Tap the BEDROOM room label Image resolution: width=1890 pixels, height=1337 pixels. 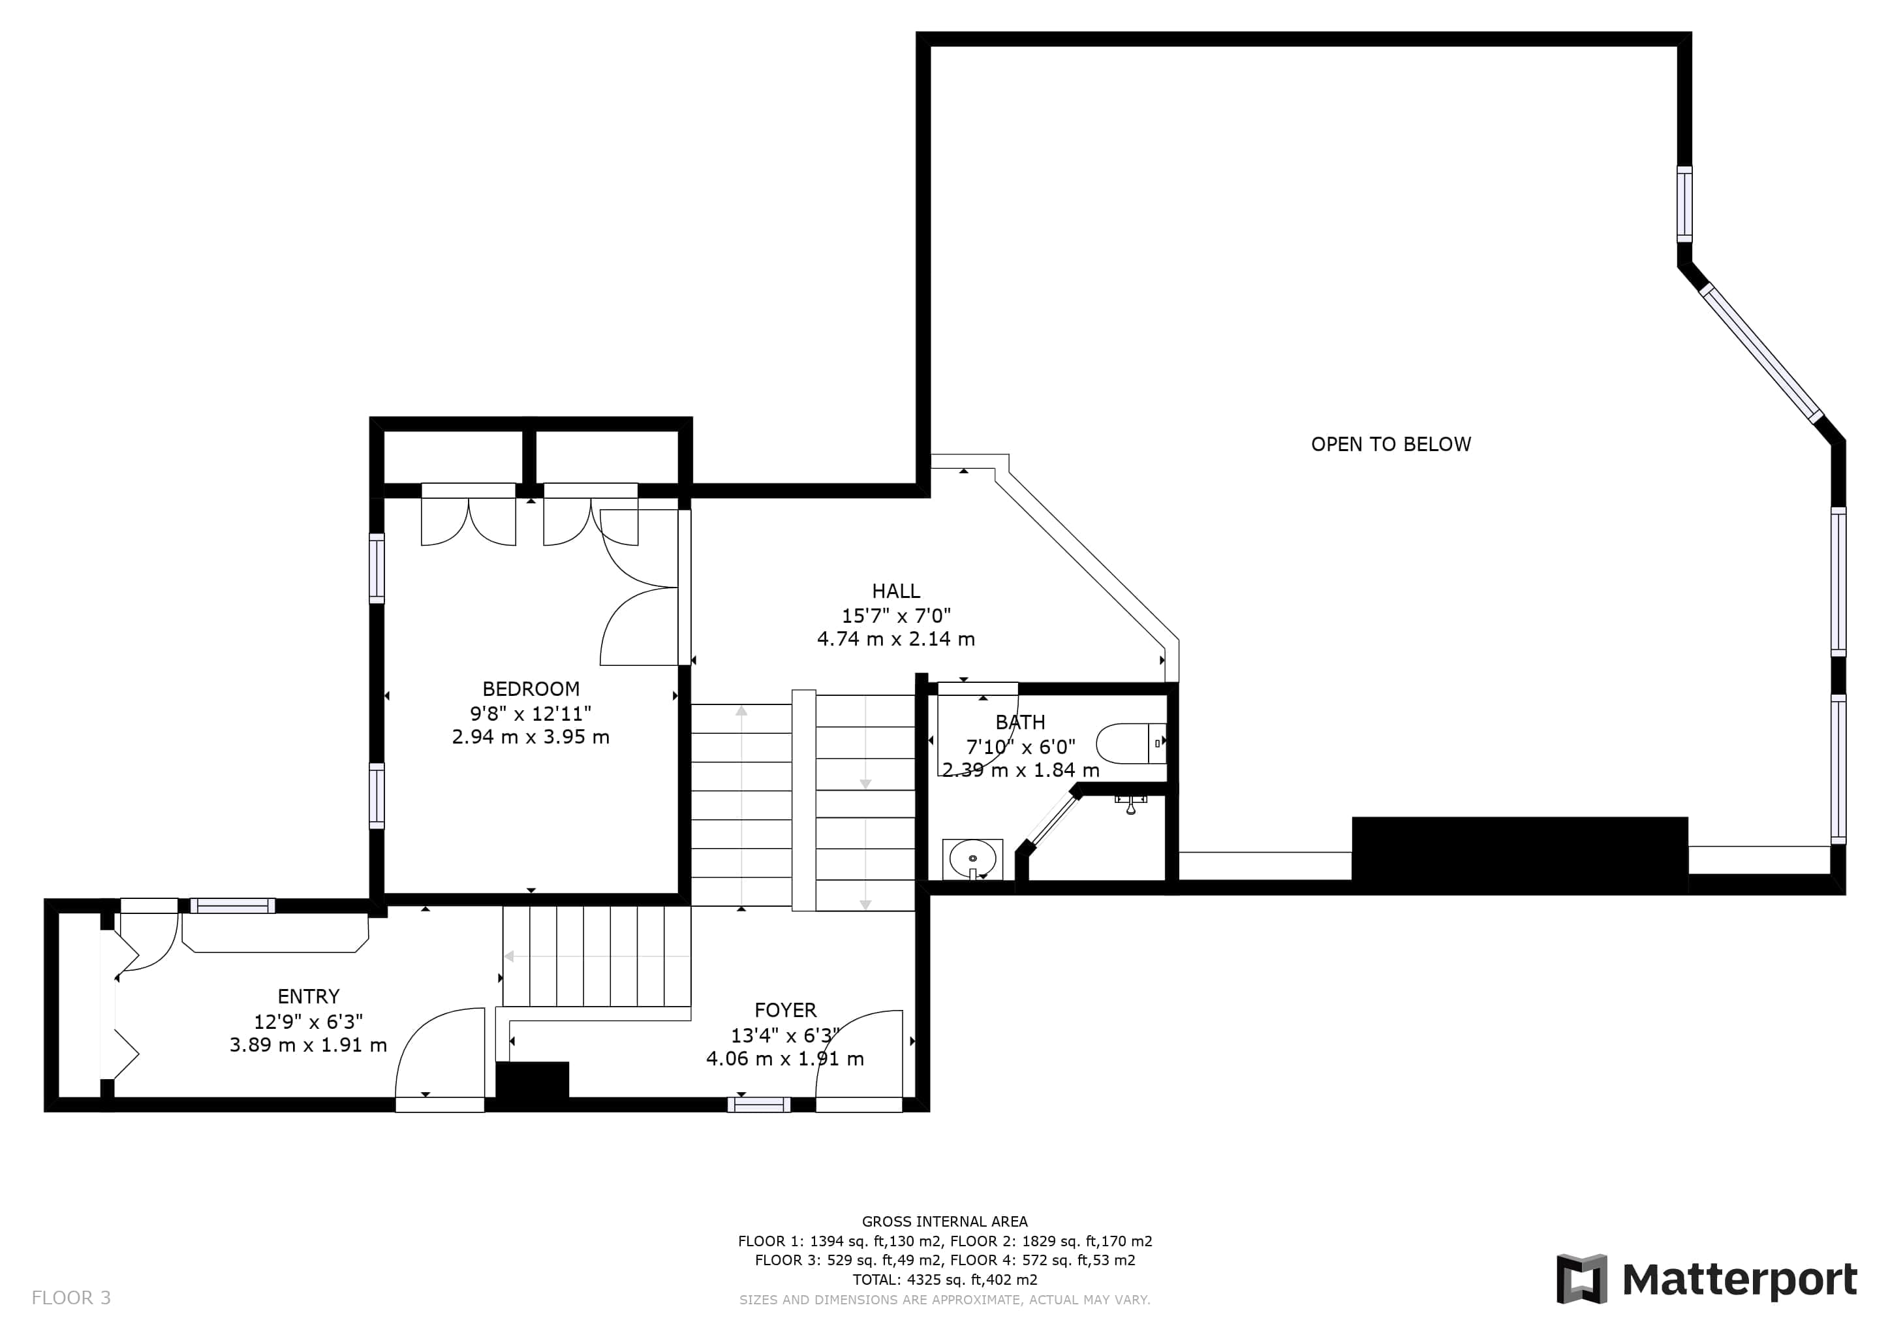[x=531, y=689]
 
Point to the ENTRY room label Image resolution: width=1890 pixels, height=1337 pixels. [x=308, y=997]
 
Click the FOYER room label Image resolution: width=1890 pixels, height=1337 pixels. [x=785, y=1010]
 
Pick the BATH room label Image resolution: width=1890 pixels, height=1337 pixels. [x=1020, y=723]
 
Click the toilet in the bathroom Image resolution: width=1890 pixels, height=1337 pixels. [x=1131, y=744]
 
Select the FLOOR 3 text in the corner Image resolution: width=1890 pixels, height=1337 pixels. [x=70, y=1298]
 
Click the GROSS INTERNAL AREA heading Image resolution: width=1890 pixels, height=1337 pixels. [x=945, y=1221]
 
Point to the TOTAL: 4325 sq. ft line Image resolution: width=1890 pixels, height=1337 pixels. [x=945, y=1280]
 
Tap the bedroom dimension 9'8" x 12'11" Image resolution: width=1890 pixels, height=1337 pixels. [x=531, y=713]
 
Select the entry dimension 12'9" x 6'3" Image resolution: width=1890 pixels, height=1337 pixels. [x=308, y=1022]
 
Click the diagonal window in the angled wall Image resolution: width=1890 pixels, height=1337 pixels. [x=1761, y=353]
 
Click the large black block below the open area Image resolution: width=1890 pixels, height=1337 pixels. [x=1519, y=854]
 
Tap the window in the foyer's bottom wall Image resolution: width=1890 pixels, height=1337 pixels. [x=759, y=1105]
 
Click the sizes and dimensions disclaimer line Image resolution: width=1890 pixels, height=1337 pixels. [x=945, y=1300]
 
